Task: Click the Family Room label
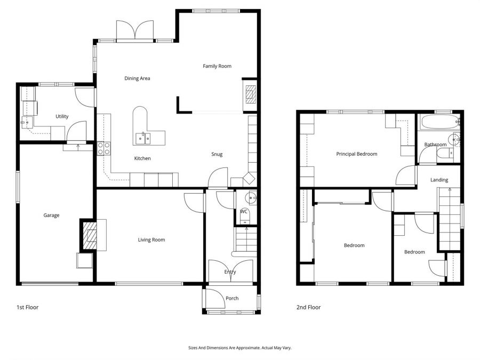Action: tap(217, 66)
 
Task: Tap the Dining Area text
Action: tap(137, 78)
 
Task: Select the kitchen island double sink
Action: tap(142, 138)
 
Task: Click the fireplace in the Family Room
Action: tap(250, 94)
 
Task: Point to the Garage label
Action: tap(51, 215)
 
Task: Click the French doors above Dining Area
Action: tap(135, 30)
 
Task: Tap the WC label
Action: tap(244, 212)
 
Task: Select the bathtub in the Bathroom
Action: tap(436, 123)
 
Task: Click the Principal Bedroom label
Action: tap(356, 154)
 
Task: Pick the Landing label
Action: tap(439, 180)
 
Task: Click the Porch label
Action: tap(232, 298)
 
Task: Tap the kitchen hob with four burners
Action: tap(103, 148)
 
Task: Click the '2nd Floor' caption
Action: tap(308, 307)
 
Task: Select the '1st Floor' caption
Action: tap(27, 307)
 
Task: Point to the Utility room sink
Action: tap(26, 122)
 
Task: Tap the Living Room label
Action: tap(151, 240)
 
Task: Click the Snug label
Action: tap(217, 155)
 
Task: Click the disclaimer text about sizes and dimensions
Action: tap(239, 348)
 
